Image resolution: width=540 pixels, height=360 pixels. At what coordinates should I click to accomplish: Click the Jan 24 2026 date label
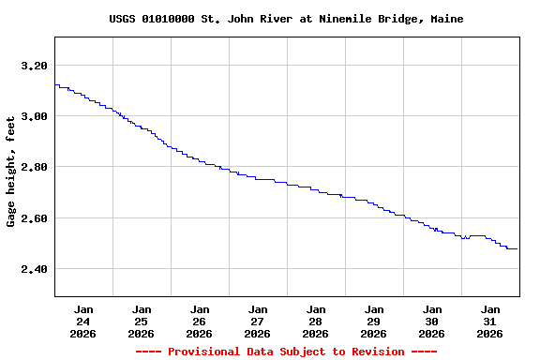pyautogui.click(x=83, y=321)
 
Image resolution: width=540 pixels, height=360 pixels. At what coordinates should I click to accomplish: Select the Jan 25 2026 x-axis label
pyautogui.click(x=142, y=321)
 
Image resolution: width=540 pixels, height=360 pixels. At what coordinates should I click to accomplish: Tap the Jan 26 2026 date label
pyautogui.click(x=200, y=321)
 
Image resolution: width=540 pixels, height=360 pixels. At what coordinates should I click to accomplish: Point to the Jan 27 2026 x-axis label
pyautogui.click(x=258, y=321)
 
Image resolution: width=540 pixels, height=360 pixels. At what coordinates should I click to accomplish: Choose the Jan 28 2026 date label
pyautogui.click(x=316, y=321)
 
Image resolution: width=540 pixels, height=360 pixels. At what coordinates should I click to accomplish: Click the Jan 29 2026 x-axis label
pyautogui.click(x=374, y=321)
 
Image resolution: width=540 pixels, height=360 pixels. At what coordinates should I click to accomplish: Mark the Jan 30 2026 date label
pyautogui.click(x=432, y=321)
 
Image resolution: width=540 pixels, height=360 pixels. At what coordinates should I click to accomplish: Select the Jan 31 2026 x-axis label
pyautogui.click(x=490, y=321)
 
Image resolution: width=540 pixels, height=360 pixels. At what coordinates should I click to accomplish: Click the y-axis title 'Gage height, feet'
pyautogui.click(x=11, y=172)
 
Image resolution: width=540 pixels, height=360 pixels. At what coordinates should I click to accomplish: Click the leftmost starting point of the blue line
pyautogui.click(x=55, y=85)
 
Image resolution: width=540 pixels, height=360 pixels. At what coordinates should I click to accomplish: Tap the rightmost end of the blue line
pyautogui.click(x=517, y=248)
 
